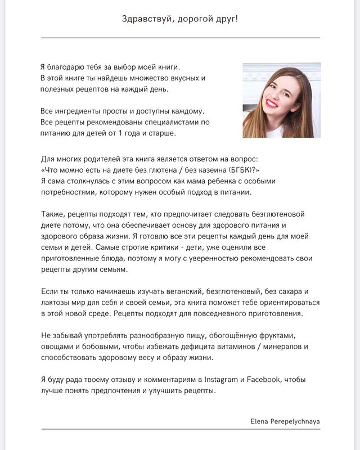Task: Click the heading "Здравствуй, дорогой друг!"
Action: point(180,19)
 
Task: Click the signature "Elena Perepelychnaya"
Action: point(285,420)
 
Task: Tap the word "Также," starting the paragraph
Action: point(54,214)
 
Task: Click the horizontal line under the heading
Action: point(180,38)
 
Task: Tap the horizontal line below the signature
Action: point(180,429)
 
